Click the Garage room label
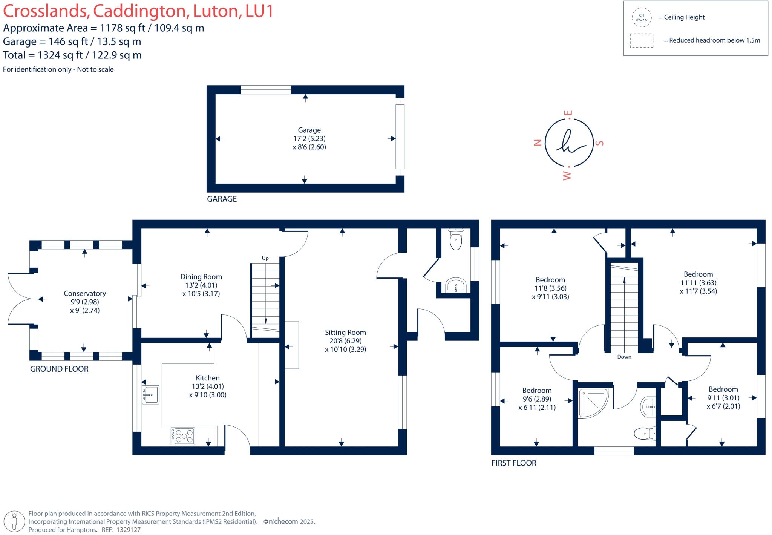[309, 130]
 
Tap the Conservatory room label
[84, 293]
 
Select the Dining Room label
[201, 277]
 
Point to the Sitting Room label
[345, 333]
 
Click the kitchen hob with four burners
[183, 436]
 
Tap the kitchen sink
[151, 395]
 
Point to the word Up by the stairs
[265, 258]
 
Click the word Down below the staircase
[624, 357]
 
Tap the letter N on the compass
[538, 143]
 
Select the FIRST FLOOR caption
[513, 463]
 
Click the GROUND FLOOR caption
[59, 369]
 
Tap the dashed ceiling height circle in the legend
[641, 18]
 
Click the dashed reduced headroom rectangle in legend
[641, 41]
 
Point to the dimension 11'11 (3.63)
[698, 283]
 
